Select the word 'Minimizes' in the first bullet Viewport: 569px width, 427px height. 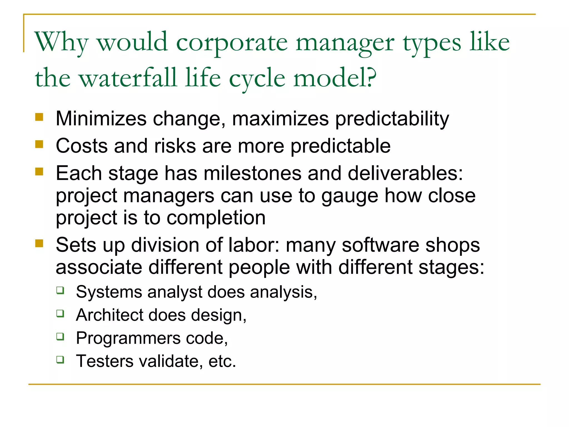tap(101, 119)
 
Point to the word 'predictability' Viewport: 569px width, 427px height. tap(392, 119)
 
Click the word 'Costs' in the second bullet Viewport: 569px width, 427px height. tap(82, 146)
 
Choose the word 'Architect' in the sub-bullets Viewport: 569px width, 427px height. tap(109, 315)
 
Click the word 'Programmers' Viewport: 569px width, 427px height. tap(128, 338)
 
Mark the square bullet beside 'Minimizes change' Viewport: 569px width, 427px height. tap(39, 117)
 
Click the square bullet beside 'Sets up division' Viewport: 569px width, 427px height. tap(39, 244)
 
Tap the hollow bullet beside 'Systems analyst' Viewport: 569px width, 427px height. tap(60, 291)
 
